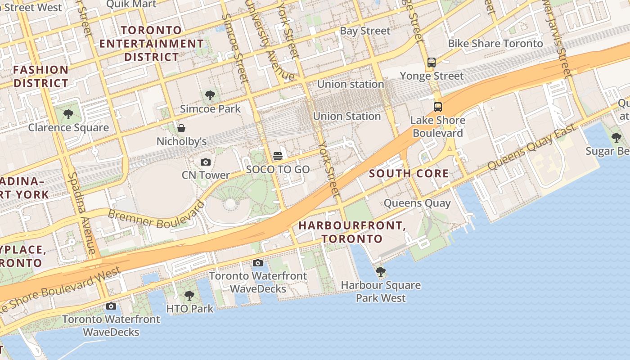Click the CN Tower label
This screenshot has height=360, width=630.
click(206, 175)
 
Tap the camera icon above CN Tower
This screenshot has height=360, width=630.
click(206, 162)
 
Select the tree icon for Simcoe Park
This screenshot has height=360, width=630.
click(210, 95)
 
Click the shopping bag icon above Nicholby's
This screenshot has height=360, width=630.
click(181, 128)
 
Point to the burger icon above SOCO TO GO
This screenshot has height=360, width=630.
click(278, 156)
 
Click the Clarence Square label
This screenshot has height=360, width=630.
click(68, 127)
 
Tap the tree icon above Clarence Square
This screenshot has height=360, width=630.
click(68, 114)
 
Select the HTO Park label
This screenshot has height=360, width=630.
click(189, 309)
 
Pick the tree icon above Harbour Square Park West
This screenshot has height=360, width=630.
click(381, 272)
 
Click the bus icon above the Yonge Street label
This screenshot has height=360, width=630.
click(432, 63)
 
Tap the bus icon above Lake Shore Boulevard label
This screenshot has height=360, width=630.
click(438, 107)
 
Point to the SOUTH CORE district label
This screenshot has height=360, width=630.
click(409, 173)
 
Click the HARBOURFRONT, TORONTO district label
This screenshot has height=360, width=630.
click(352, 232)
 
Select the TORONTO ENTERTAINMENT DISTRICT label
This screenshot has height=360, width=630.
click(152, 44)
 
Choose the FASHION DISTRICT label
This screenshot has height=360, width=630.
click(41, 76)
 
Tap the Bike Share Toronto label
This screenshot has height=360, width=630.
click(495, 44)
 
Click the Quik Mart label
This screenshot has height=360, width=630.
click(131, 4)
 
